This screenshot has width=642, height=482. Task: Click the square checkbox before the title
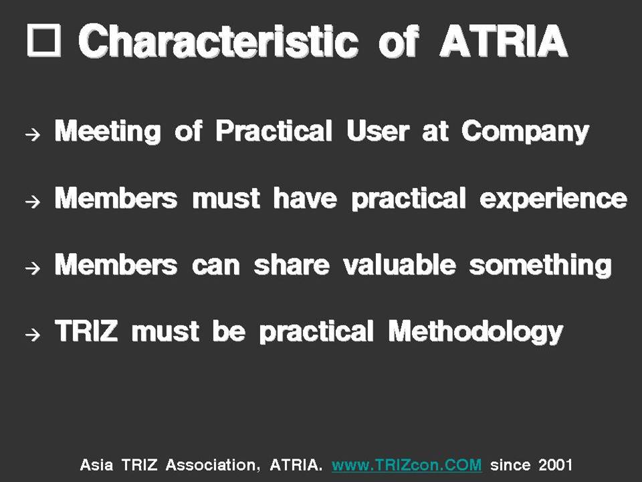(44, 40)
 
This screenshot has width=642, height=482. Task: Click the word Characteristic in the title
(218, 41)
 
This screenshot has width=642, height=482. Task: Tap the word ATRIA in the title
(504, 41)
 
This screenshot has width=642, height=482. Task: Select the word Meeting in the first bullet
(108, 132)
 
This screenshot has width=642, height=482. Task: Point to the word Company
(526, 132)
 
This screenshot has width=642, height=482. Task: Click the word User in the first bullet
(377, 131)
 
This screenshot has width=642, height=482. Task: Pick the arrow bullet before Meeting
(33, 134)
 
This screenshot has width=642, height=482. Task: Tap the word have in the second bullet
(305, 198)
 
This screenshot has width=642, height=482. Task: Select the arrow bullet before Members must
(33, 201)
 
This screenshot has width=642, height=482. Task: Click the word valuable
(399, 265)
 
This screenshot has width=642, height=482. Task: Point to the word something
(540, 266)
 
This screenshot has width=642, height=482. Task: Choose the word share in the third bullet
(292, 265)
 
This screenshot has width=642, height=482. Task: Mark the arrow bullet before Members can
(33, 268)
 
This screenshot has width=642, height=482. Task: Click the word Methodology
(475, 332)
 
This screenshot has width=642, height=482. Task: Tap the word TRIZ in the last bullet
(86, 331)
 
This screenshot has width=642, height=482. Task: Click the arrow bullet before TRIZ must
(33, 335)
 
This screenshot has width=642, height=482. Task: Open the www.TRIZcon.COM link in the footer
(407, 465)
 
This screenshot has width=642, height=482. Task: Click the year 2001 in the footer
(555, 465)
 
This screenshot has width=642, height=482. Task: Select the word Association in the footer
(213, 465)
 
